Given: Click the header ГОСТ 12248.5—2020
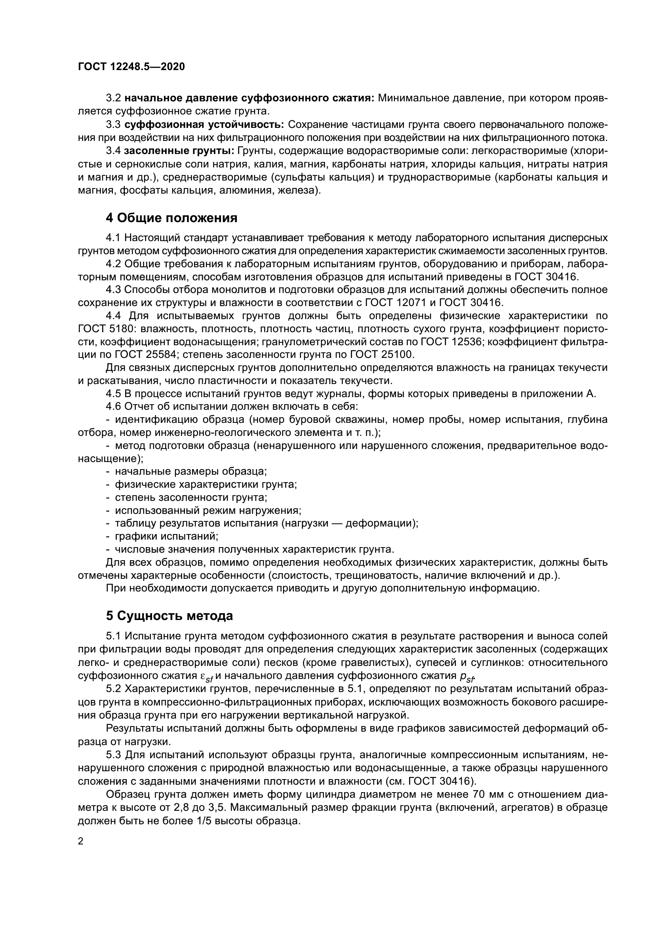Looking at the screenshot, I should (x=131, y=67).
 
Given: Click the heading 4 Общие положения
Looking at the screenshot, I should (x=171, y=218).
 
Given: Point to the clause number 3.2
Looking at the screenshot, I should (x=113, y=98).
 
